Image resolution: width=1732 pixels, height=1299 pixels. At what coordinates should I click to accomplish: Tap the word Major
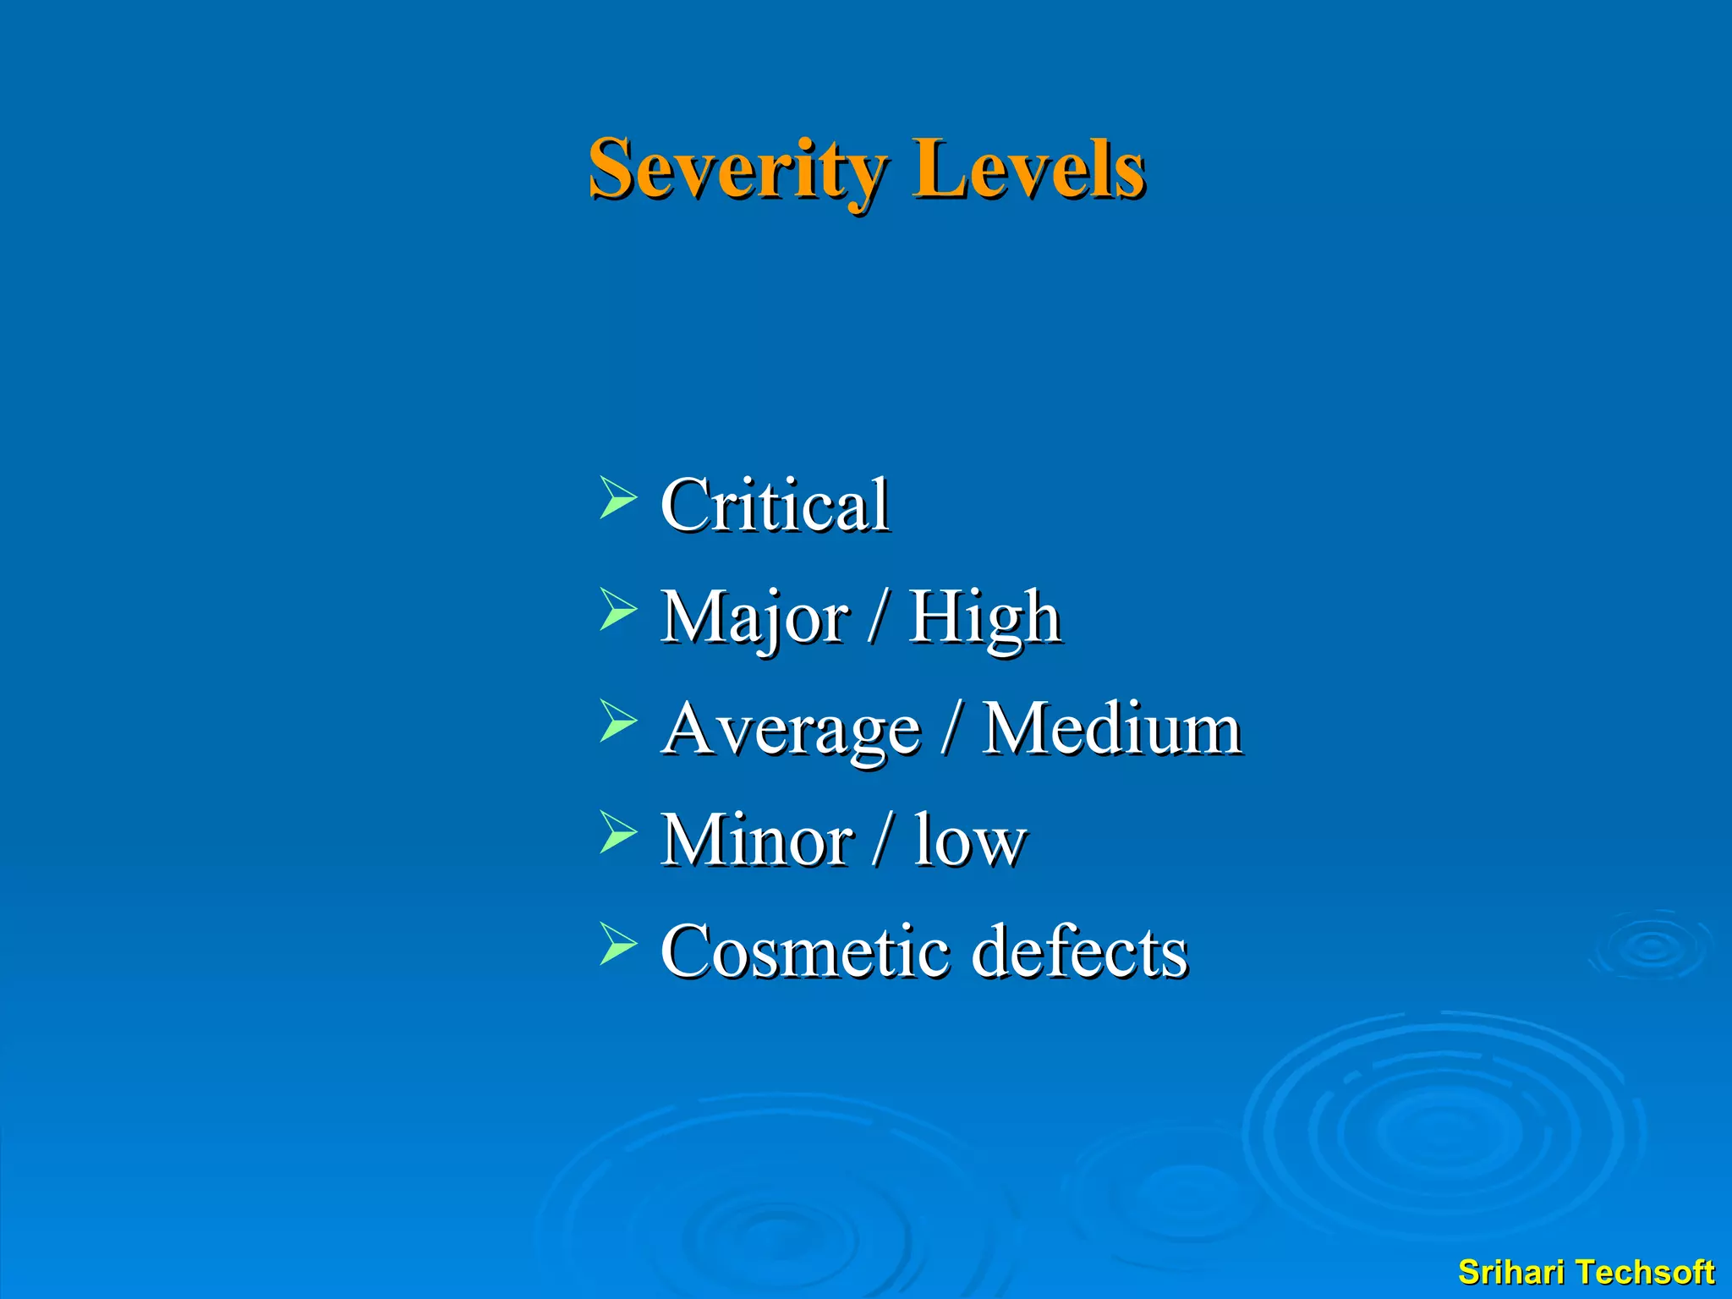pos(754,617)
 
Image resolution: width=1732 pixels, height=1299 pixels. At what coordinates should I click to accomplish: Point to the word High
pos(984,617)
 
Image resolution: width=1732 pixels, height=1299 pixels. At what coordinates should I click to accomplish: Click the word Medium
pos(1112,729)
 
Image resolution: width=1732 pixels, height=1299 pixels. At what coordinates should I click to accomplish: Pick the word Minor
pos(757,841)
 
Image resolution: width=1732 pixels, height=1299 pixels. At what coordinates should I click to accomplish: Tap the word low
pos(970,841)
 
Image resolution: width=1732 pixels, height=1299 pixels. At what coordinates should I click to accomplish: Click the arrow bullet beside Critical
pos(617,497)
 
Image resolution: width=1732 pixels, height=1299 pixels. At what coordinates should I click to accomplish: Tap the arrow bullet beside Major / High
pos(617,610)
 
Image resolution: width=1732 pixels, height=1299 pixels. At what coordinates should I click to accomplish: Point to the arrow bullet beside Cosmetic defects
pos(617,945)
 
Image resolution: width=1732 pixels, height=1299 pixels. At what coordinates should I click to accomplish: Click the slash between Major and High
pos(879,619)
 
